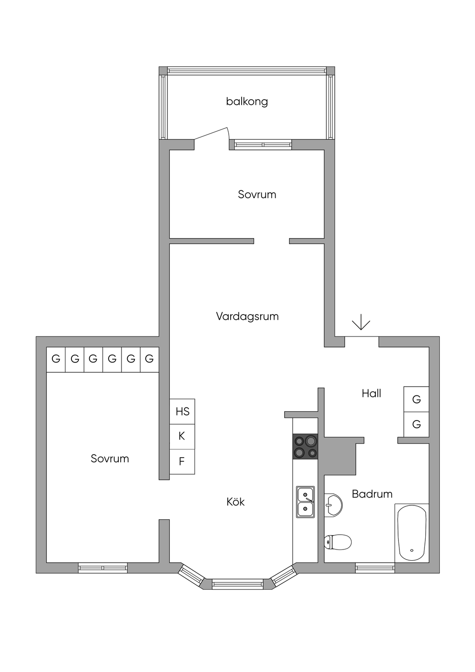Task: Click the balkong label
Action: (247, 101)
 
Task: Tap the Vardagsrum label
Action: (247, 317)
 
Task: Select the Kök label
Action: (235, 502)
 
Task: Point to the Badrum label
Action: (372, 494)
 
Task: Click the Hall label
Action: (371, 394)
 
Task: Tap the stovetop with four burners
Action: (305, 446)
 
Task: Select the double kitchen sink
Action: (305, 502)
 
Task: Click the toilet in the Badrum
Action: (337, 542)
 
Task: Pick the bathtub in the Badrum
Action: (412, 533)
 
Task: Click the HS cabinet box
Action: (182, 411)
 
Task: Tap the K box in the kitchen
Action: (182, 436)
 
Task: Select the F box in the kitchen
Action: (182, 461)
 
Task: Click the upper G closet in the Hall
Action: (416, 399)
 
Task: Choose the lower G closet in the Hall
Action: (416, 424)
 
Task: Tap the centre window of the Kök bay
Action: (237, 584)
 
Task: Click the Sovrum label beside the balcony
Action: (257, 194)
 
